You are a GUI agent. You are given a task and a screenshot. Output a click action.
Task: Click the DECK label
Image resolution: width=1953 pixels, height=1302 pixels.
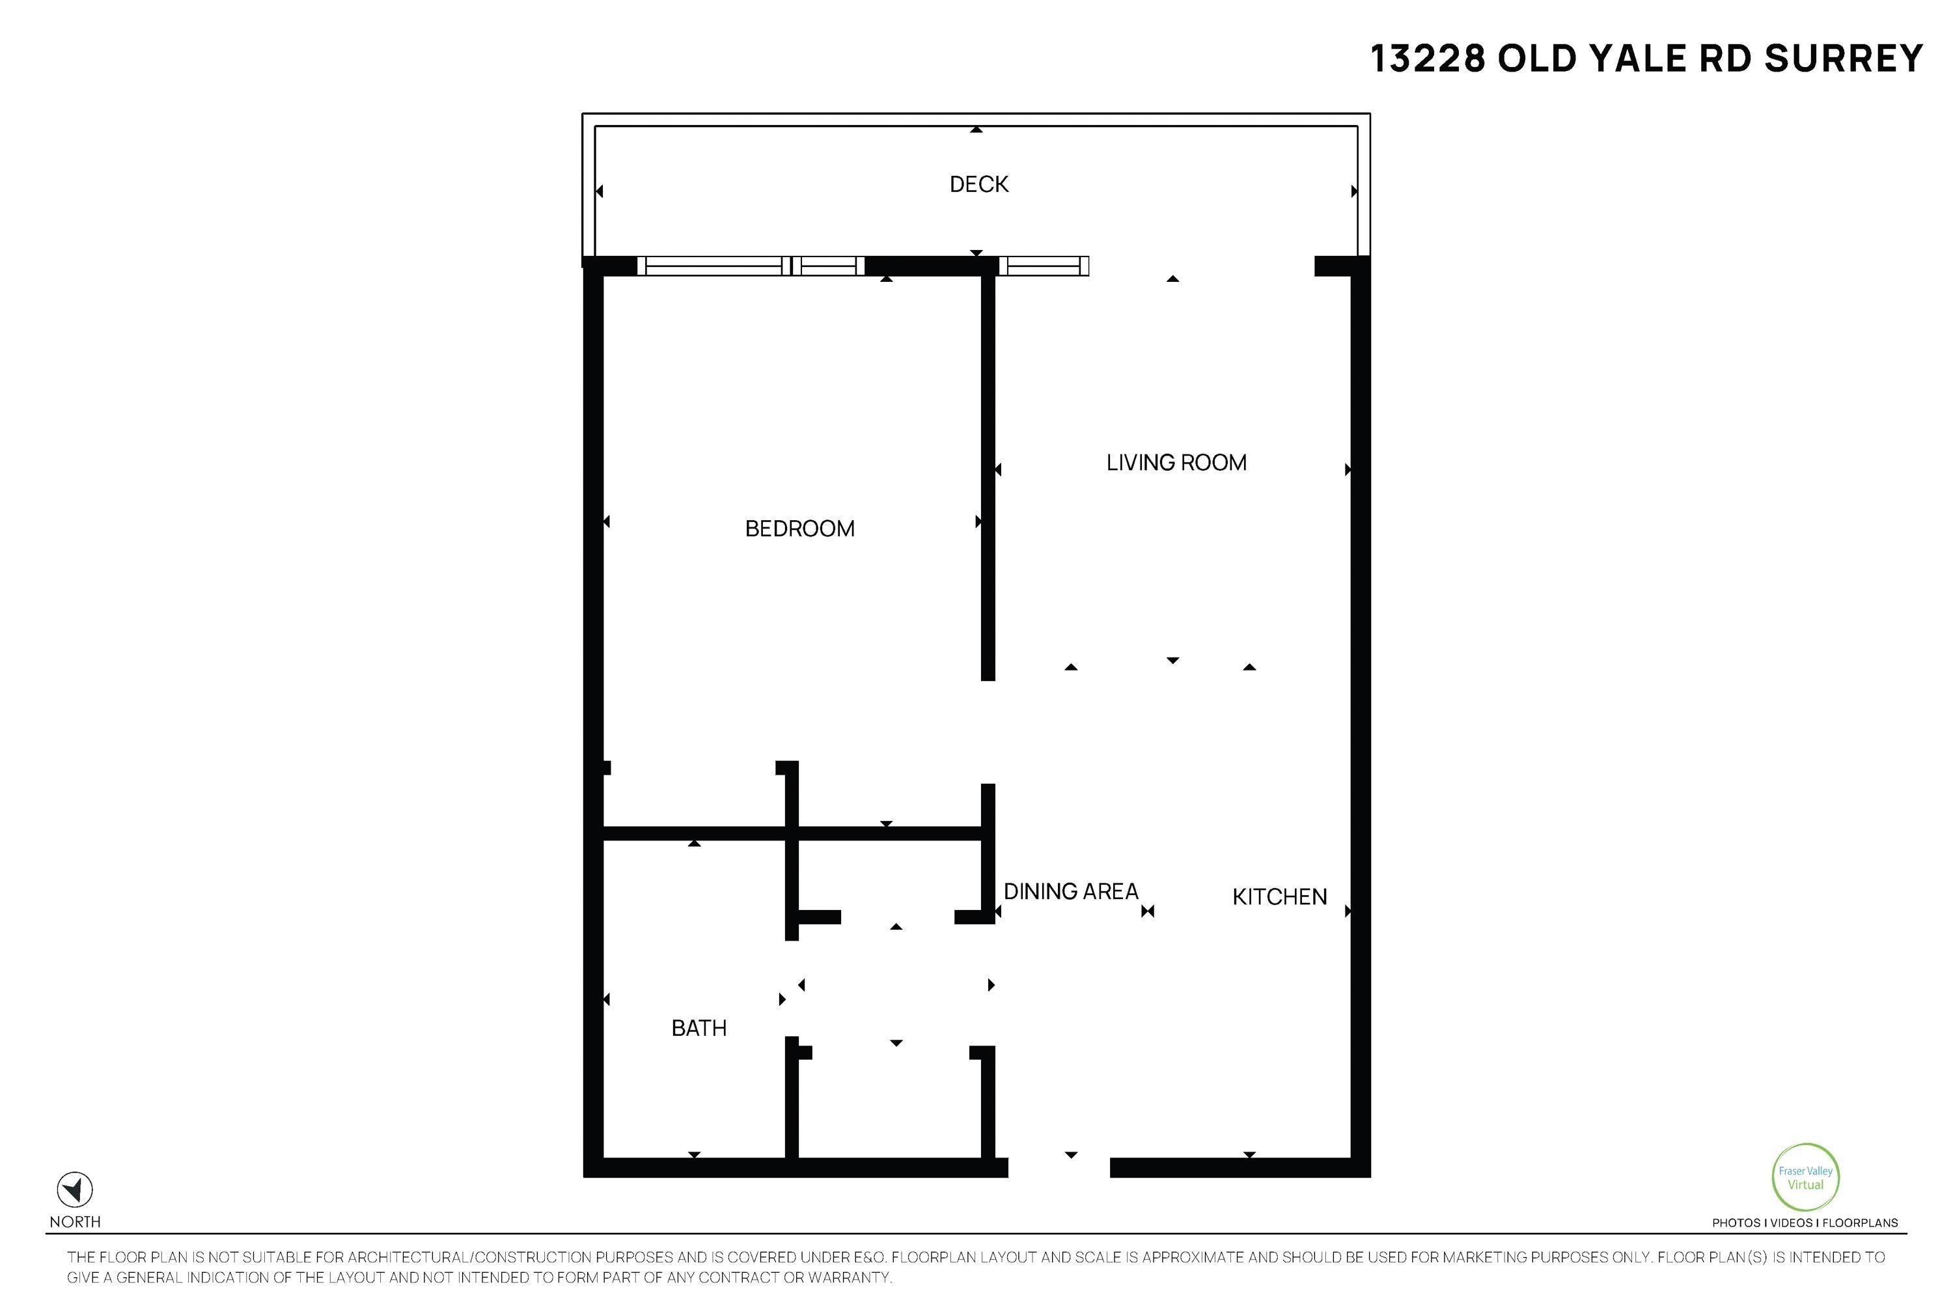tap(978, 184)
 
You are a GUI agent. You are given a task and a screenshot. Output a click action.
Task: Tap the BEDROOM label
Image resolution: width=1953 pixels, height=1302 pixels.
tap(799, 529)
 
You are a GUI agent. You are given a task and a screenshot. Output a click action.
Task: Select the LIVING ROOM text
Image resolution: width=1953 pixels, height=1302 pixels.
tap(1176, 462)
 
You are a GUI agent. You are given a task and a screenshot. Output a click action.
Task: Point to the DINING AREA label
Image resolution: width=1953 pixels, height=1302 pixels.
tap(1070, 892)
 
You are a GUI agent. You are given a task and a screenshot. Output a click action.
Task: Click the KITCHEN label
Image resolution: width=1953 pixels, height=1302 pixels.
tap(1279, 897)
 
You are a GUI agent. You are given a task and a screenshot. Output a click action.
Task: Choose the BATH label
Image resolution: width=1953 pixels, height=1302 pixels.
tap(699, 1028)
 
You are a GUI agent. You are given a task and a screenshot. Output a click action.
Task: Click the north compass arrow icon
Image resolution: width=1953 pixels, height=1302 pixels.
tap(75, 1190)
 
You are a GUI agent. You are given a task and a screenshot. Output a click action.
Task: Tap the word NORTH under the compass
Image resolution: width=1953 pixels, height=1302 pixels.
tap(75, 1221)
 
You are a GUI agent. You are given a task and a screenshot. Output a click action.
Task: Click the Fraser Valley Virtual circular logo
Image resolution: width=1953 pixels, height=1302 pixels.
tap(1805, 1178)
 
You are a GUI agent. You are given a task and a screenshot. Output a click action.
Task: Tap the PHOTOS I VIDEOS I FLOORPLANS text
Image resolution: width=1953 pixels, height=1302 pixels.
tap(1805, 1223)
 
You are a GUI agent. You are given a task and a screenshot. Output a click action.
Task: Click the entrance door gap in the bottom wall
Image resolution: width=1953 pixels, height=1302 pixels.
tap(1059, 1167)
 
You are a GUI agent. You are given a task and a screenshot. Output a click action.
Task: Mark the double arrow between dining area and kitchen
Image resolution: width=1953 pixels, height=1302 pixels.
tap(1148, 911)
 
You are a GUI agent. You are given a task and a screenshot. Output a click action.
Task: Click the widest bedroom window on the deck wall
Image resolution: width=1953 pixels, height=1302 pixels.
tap(713, 266)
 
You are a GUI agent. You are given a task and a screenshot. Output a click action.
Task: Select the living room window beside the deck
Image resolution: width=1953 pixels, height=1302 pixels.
tap(1043, 266)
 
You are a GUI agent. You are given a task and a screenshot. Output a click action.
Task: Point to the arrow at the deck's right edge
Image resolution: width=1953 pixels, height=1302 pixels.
tap(1353, 191)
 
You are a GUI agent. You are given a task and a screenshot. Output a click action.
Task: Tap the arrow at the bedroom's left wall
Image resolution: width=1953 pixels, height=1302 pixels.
tap(607, 521)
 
